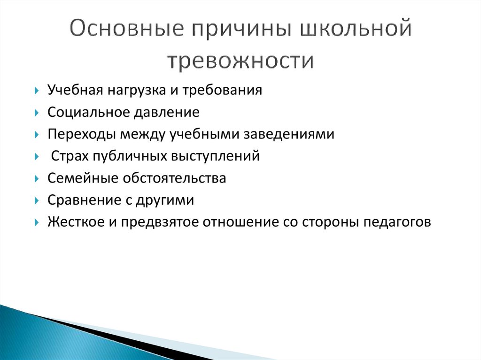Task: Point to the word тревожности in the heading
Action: pyautogui.click(x=240, y=61)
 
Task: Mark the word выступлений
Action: pyautogui.click(x=220, y=156)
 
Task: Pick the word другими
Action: pyautogui.click(x=165, y=200)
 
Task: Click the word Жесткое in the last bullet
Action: pyautogui.click(x=75, y=222)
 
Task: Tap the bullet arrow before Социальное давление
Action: pyautogui.click(x=37, y=113)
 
